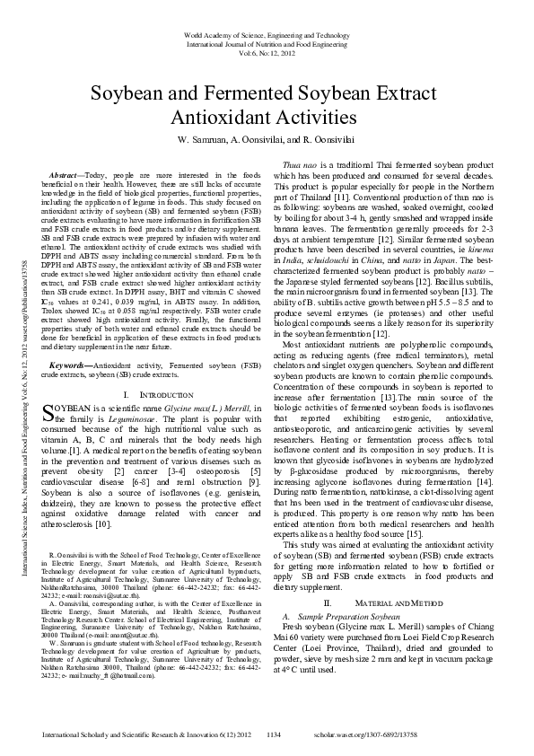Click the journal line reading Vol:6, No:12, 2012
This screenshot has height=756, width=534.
click(x=267, y=52)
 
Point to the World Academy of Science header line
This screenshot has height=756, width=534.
click(x=267, y=32)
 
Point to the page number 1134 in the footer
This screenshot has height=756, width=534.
click(x=274, y=734)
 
